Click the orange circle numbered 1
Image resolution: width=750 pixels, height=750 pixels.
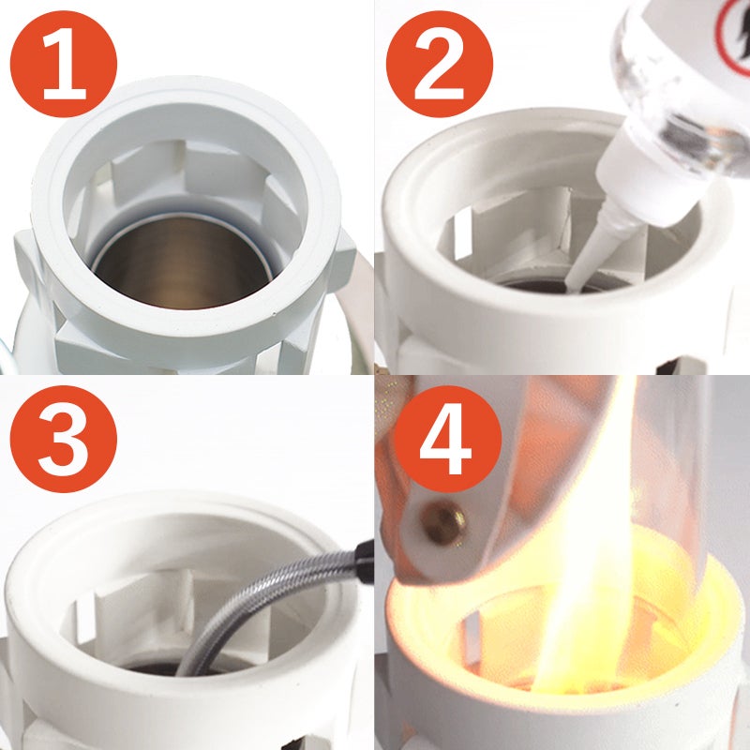click(64, 64)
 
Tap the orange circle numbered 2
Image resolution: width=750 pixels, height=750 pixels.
click(440, 64)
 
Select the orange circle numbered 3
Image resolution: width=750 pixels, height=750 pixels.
click(64, 439)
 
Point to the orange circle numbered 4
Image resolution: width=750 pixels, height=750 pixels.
click(448, 439)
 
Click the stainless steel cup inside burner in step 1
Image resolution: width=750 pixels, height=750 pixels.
click(182, 261)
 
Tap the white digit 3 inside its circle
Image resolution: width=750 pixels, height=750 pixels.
click(64, 439)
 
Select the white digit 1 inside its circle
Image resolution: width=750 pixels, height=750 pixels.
click(65, 64)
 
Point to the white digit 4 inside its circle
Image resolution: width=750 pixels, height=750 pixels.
click(447, 439)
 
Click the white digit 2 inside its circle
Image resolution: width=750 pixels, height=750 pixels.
click(440, 64)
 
